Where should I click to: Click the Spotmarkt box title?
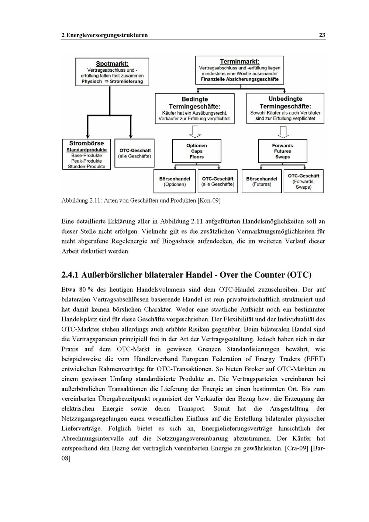click(x=112, y=64)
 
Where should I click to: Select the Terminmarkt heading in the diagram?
click(x=239, y=61)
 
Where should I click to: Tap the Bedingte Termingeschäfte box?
click(x=194, y=108)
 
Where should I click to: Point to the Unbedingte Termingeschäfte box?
click(x=285, y=108)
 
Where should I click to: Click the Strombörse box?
click(x=87, y=154)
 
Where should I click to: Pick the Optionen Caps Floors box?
click(x=197, y=151)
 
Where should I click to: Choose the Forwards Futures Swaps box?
click(x=283, y=151)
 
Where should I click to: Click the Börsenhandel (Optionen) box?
click(x=175, y=182)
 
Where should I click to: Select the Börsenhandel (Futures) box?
click(x=262, y=182)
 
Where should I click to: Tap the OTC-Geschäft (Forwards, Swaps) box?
click(x=303, y=181)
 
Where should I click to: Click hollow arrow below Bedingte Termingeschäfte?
click(x=194, y=131)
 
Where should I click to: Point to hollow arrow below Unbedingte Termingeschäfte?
click(x=283, y=131)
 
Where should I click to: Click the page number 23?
click(x=322, y=35)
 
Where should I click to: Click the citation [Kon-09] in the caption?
click(x=209, y=201)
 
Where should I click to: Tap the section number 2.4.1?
click(x=70, y=275)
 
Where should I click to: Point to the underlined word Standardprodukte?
click(x=86, y=150)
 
